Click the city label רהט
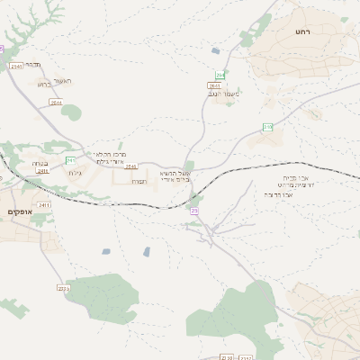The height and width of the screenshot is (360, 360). pyautogui.click(x=301, y=31)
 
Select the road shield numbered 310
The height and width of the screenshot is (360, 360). pyautogui.click(x=267, y=127)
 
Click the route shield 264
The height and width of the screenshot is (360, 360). pyautogui.click(x=220, y=75)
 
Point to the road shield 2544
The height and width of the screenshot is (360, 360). pyautogui.click(x=56, y=103)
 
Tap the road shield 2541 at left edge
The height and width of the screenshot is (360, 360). pyautogui.click(x=15, y=67)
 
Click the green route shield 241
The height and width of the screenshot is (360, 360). pyautogui.click(x=70, y=160)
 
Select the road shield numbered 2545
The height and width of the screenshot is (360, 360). pyautogui.click(x=130, y=166)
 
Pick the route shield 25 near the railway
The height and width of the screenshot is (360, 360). pyautogui.click(x=193, y=211)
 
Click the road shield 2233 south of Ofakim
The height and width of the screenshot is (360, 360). pyautogui.click(x=63, y=289)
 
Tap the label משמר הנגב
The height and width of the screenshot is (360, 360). pyautogui.click(x=223, y=94)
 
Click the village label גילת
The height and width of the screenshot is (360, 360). pyautogui.click(x=75, y=173)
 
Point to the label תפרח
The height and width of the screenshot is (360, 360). pyautogui.click(x=139, y=181)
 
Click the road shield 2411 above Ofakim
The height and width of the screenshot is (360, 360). pyautogui.click(x=44, y=205)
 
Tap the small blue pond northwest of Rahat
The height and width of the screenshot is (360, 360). pyautogui.click(x=216, y=51)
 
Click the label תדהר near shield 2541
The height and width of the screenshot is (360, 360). pyautogui.click(x=33, y=65)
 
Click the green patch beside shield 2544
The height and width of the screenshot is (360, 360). pyautogui.click(x=71, y=112)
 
